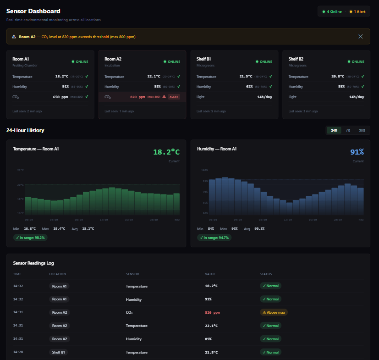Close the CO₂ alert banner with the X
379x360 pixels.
361,37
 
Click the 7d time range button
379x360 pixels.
348,130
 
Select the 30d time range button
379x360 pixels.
362,130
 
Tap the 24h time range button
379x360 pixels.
334,130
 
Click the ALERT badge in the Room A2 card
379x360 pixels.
174,97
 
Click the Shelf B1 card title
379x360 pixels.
203,59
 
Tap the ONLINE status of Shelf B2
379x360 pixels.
356,61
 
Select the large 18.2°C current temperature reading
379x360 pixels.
166,152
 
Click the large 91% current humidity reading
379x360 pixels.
357,152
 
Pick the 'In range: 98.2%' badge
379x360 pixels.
30,238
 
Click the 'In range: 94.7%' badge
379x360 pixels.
214,238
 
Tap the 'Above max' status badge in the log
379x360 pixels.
274,312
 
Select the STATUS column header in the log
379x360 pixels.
266,274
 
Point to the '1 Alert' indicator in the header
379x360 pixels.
357,11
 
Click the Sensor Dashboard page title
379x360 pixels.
33,11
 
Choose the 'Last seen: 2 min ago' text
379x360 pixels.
27,111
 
